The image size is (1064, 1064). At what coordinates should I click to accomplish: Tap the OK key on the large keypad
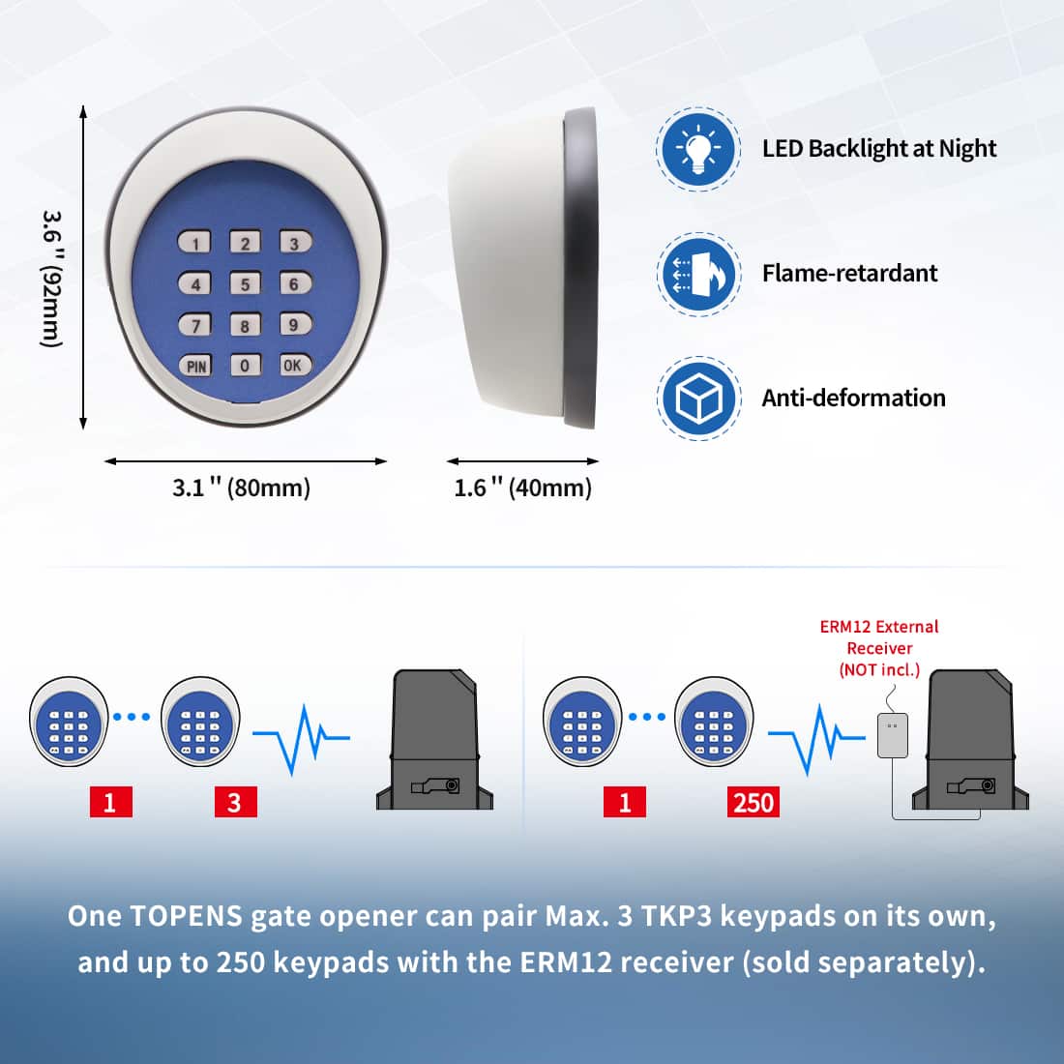294,366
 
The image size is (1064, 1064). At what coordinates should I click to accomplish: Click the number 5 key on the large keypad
245,284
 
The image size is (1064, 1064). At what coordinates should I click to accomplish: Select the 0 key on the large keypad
245,366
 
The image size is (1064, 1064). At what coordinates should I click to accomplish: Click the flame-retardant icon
698,274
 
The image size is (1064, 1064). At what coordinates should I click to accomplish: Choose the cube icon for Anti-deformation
698,399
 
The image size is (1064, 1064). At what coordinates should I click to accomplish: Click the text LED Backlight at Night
878,149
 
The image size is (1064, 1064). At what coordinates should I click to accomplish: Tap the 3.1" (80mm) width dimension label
241,488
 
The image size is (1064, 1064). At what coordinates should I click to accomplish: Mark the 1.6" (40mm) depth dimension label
522,488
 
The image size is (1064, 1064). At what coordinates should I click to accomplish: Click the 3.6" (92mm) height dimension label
51,279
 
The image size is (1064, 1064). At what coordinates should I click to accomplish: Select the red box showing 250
754,802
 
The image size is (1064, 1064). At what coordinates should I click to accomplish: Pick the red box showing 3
235,802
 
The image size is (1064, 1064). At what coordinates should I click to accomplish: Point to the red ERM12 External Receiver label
878,647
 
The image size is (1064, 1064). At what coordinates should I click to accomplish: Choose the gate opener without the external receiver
433,742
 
